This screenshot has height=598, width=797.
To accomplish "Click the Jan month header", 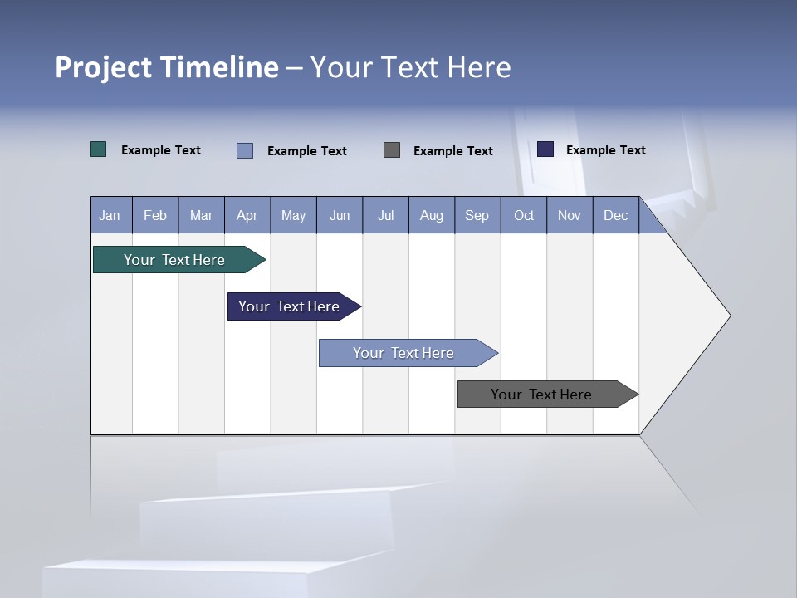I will (x=110, y=216).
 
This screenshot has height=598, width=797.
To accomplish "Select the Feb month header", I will (x=155, y=216).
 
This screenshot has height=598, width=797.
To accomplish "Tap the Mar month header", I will (x=201, y=216).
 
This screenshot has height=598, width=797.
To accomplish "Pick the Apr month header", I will (x=247, y=216).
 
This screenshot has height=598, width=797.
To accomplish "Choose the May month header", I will (x=293, y=216).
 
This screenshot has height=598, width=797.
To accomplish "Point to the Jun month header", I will (x=340, y=216).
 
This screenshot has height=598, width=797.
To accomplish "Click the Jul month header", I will (x=385, y=216).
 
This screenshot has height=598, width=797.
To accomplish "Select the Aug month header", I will (x=432, y=216).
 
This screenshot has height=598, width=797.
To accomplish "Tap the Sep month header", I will (x=477, y=216).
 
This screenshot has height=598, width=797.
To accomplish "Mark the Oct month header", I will (x=524, y=216).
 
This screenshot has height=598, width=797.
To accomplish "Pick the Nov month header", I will (x=570, y=216).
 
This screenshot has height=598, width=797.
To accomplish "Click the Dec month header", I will (x=616, y=216).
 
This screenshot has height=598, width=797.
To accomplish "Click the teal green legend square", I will (x=99, y=149).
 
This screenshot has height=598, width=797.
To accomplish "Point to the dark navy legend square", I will (x=545, y=149).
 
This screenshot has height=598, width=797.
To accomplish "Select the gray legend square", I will (x=392, y=150).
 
